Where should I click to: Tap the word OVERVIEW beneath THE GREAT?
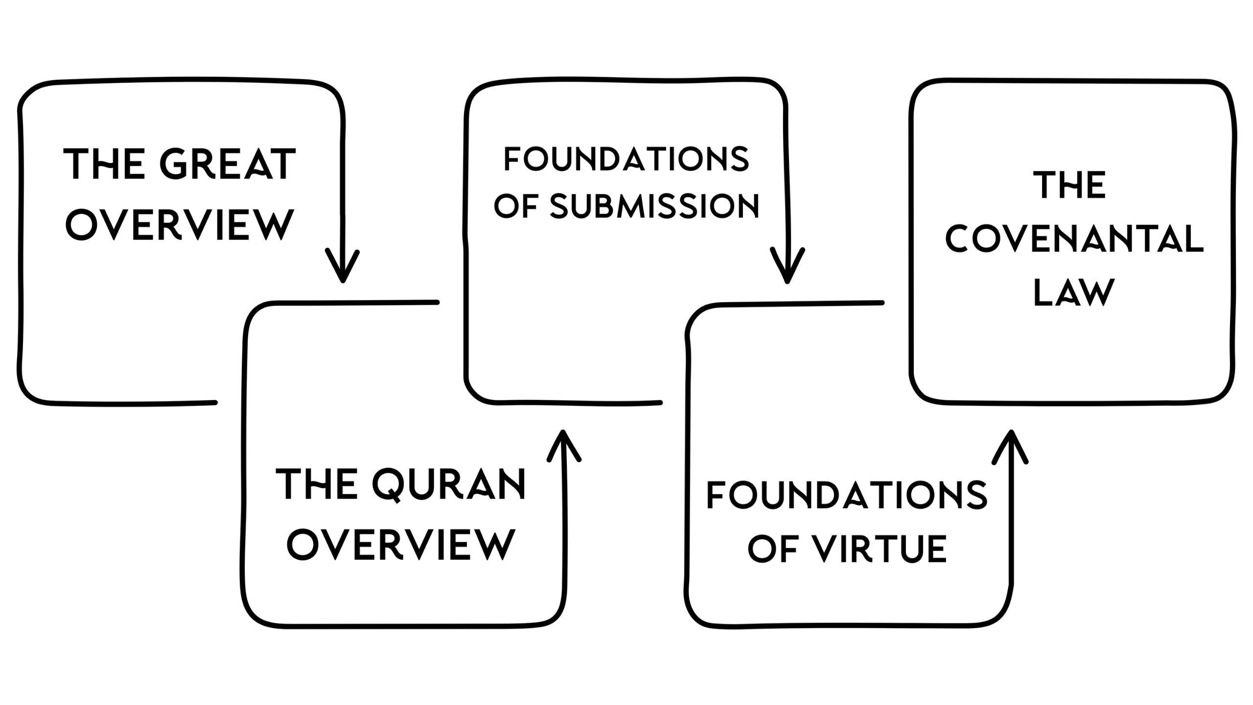tap(180, 225)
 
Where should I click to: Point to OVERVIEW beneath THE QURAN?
tap(401, 544)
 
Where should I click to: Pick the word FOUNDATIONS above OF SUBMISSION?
tap(626, 159)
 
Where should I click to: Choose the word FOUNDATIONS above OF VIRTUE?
tap(847, 495)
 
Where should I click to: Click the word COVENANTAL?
tap(1074, 239)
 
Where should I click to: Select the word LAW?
tap(1073, 293)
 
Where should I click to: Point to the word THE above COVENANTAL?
tap(1069, 185)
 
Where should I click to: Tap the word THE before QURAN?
tap(317, 485)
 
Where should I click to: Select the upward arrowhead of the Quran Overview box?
tap(563, 443)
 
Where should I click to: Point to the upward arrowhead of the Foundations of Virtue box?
tap(1010, 443)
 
